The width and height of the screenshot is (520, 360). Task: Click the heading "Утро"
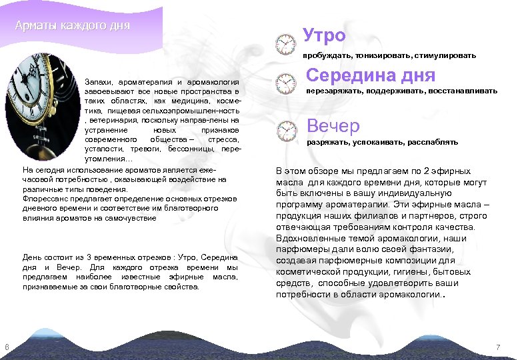tap(324, 35)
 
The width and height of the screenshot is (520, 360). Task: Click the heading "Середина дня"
tap(371, 76)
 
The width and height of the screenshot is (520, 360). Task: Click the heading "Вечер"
tap(333, 125)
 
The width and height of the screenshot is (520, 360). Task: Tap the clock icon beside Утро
tap(285, 45)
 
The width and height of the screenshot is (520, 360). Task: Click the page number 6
tap(6, 347)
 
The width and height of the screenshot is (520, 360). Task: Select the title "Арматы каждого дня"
tap(73, 26)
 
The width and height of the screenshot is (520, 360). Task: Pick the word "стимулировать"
tap(447, 55)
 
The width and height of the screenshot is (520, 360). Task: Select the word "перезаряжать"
tap(331, 91)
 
